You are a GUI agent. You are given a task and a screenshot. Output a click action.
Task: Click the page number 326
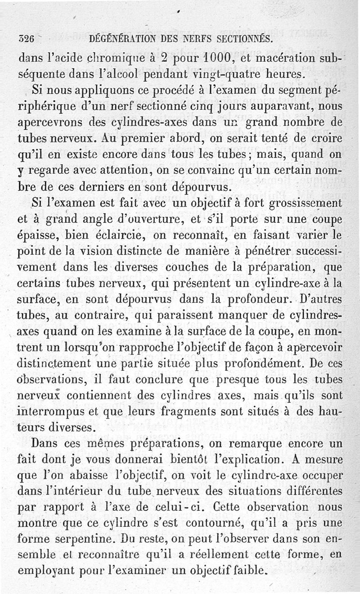26,39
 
